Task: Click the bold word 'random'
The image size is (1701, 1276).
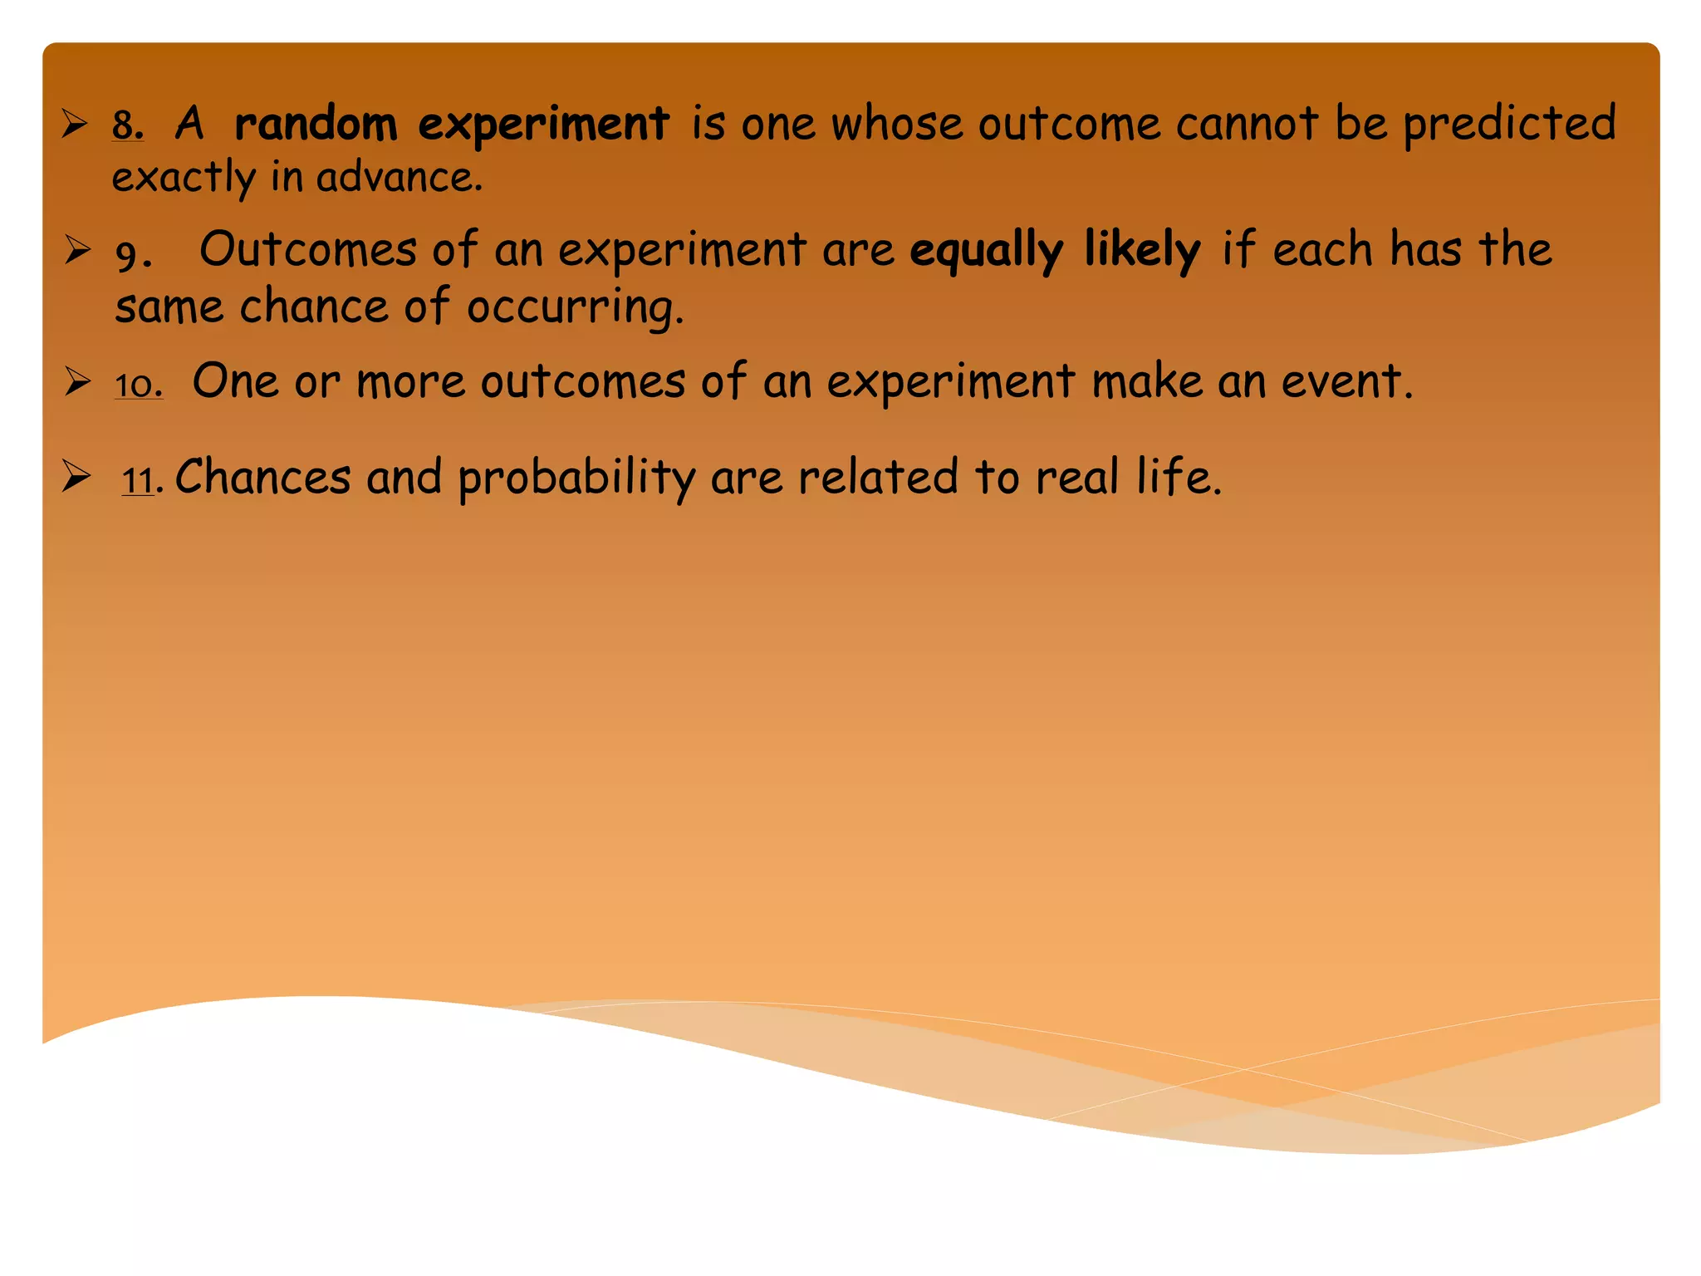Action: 316,125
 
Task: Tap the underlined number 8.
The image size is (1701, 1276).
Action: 128,125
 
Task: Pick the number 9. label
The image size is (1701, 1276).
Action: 134,254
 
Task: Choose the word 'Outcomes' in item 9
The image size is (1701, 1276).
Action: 308,249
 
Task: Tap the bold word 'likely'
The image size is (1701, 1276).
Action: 1142,249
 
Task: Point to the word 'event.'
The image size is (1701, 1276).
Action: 1346,382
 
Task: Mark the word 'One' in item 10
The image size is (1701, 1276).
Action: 235,382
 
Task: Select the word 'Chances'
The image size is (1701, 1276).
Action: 263,478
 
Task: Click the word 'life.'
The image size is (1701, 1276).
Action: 1179,478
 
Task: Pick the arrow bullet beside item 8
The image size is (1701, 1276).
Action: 76,125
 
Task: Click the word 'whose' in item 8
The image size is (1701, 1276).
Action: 897,125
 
